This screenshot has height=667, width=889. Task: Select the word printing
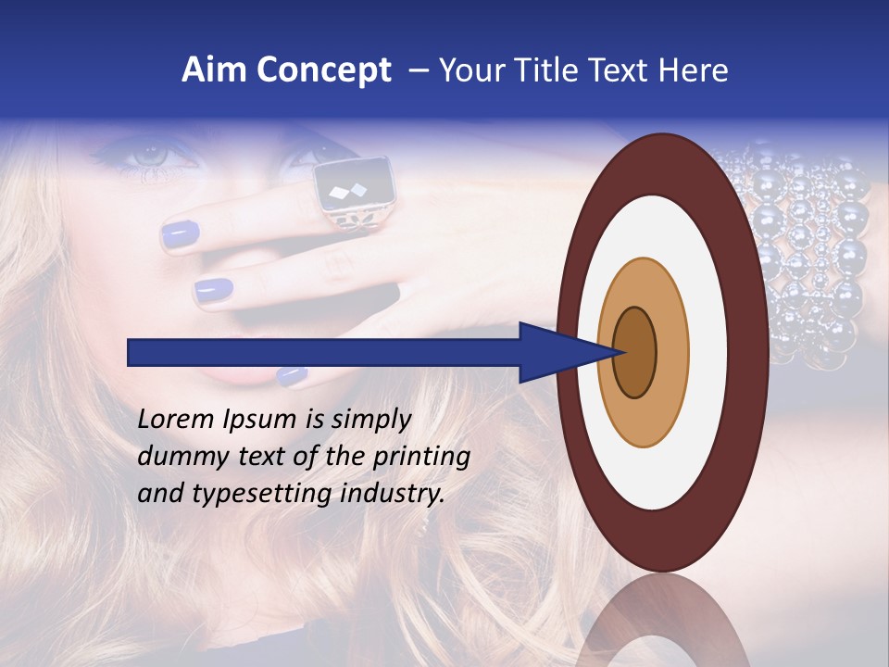421,458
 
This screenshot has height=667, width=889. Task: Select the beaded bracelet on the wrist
806,250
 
